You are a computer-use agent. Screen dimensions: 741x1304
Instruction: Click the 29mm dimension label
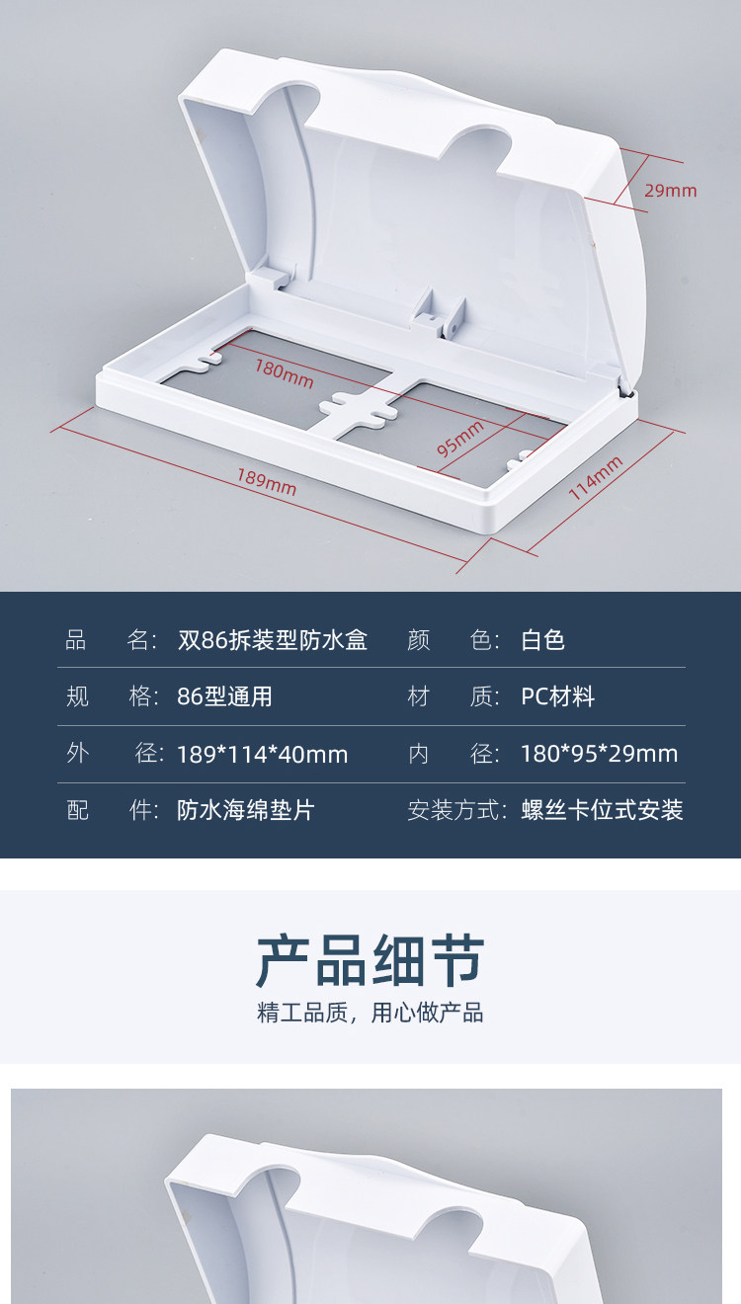670,191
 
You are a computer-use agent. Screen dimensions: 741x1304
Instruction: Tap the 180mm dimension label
284,372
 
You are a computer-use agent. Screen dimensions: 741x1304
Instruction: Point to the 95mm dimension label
460,438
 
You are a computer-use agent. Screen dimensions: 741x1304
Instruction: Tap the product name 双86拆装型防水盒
272,640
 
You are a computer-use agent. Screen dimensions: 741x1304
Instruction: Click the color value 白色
542,640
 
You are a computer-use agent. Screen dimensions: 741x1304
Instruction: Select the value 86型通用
224,697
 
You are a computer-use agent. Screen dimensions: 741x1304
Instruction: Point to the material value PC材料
557,697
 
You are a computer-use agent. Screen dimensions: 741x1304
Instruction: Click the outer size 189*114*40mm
262,755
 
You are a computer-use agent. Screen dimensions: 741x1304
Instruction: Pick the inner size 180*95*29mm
599,755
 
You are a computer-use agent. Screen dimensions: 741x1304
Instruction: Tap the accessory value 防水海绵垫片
245,811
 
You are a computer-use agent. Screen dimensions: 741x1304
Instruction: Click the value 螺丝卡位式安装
602,811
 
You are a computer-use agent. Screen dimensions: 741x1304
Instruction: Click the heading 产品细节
370,960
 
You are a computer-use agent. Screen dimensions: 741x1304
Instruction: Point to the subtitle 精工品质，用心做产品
370,1013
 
